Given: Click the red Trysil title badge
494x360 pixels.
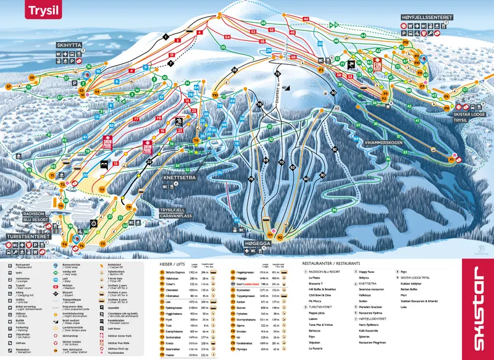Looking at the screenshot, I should pos(43,10).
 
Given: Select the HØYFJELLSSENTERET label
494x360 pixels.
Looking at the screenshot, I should pos(429,17).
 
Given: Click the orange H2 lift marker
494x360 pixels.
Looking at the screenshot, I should pos(280,237).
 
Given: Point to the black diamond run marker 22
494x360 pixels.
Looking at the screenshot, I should pos(149,162).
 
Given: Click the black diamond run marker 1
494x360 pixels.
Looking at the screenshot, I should pos(165,36).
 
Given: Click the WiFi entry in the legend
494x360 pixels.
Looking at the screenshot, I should pos(19,271).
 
